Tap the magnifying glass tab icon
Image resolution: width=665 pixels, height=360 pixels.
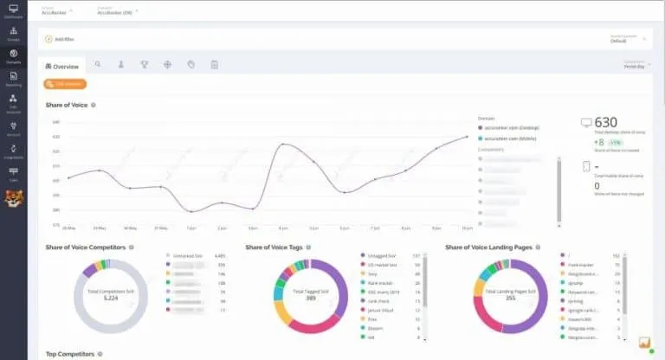[98, 65]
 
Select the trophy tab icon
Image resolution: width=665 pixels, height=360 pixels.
[145, 65]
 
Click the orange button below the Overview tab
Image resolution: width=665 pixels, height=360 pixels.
[65, 84]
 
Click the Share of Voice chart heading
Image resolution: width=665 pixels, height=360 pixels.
[67, 106]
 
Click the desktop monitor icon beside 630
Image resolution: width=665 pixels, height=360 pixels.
[586, 124]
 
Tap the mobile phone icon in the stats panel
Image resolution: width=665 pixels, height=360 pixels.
[586, 167]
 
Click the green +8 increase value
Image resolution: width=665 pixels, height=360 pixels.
[599, 142]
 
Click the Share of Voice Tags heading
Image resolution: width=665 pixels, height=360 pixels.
[276, 247]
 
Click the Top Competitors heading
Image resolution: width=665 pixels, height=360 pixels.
[68, 354]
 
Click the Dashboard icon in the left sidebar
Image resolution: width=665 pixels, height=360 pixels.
[14, 11]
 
